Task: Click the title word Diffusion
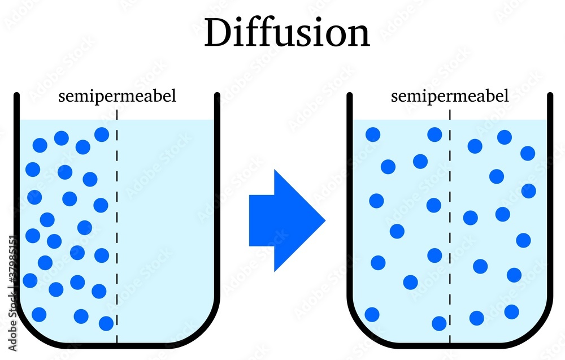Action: [x=286, y=33]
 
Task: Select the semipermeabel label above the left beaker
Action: [x=118, y=96]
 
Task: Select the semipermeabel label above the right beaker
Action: [x=450, y=96]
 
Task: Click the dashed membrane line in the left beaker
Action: [x=117, y=226]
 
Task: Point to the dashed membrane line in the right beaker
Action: [x=450, y=226]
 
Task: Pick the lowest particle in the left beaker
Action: [x=106, y=323]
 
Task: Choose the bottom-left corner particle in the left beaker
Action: [x=39, y=314]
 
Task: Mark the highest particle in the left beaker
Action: [x=102, y=135]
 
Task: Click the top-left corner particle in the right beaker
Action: [x=373, y=135]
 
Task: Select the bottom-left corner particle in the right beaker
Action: [x=372, y=314]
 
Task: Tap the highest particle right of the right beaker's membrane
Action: [x=505, y=137]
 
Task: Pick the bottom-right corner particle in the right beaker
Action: [x=512, y=312]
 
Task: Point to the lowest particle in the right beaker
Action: [x=439, y=323]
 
